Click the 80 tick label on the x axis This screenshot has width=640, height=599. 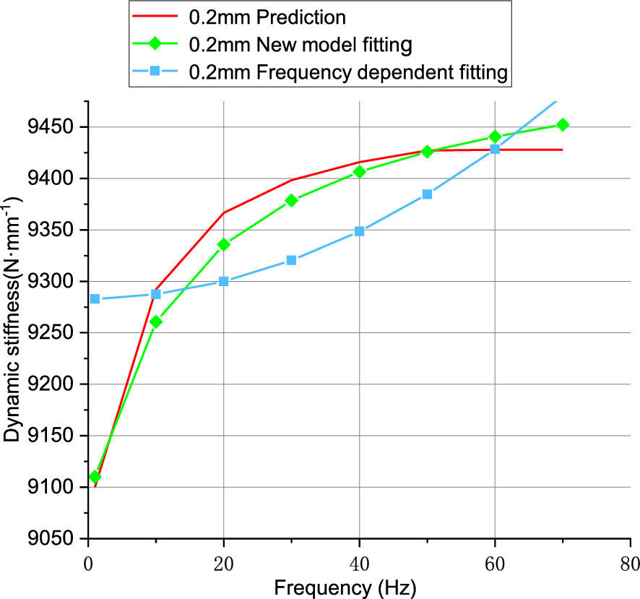[630, 563]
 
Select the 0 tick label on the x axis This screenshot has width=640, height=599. [88, 563]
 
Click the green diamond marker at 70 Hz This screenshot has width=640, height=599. [563, 125]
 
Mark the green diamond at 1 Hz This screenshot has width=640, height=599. [95, 477]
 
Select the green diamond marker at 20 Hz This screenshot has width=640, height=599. [224, 245]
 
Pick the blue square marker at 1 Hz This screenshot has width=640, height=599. [95, 298]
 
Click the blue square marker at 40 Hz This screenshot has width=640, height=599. [360, 231]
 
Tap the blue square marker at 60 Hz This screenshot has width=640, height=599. [495, 149]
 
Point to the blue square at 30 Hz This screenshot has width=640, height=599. [292, 260]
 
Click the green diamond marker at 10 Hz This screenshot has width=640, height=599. [156, 322]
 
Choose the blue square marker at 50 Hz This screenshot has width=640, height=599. [427, 194]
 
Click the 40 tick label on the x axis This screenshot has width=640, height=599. [359, 563]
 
